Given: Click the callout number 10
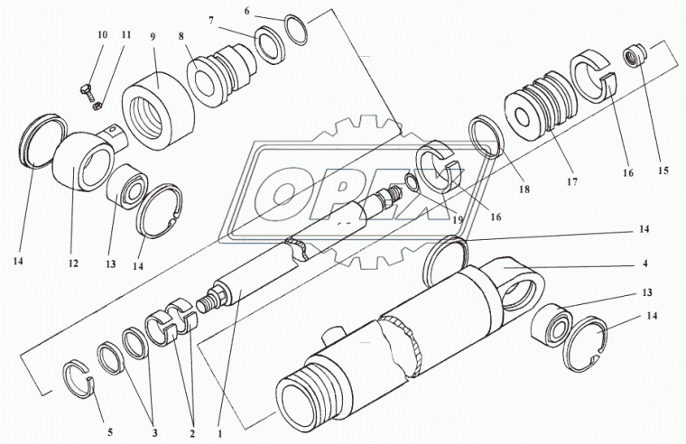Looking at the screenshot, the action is pyautogui.click(x=102, y=34).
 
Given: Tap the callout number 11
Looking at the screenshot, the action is pyautogui.click(x=126, y=34).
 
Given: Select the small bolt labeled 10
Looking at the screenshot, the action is pyautogui.click(x=88, y=91).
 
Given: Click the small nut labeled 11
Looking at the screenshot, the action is pyautogui.click(x=98, y=106).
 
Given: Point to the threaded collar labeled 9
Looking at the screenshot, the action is pyautogui.click(x=158, y=111).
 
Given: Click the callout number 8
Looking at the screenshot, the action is pyautogui.click(x=181, y=36).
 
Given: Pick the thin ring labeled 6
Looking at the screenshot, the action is pyautogui.click(x=296, y=30).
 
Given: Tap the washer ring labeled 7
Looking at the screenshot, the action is pyautogui.click(x=270, y=45).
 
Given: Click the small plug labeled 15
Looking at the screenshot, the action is pyautogui.click(x=635, y=57).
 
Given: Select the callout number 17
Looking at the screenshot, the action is pyautogui.click(x=572, y=181).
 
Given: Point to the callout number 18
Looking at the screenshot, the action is pyautogui.click(x=524, y=189).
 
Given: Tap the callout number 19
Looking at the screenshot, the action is pyautogui.click(x=458, y=220).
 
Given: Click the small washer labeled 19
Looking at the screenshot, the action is pyautogui.click(x=413, y=182).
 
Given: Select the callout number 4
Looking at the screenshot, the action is pyautogui.click(x=644, y=264).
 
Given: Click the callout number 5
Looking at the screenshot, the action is pyautogui.click(x=110, y=432).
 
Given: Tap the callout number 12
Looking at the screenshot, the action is pyautogui.click(x=72, y=263).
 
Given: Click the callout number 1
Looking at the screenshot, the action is pyautogui.click(x=220, y=434).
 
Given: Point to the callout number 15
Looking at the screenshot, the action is pyautogui.click(x=663, y=171).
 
